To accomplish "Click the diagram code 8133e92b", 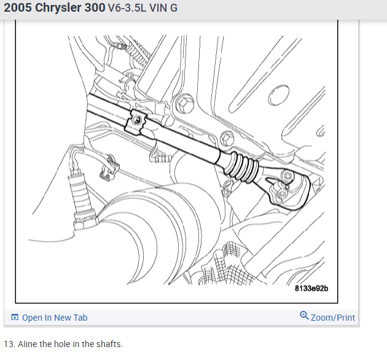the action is (x=311, y=288).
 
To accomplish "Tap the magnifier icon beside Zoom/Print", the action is (x=304, y=316).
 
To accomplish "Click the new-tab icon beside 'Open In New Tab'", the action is (x=15, y=317).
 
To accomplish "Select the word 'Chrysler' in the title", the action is (x=58, y=8).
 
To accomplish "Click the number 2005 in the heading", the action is (x=18, y=7).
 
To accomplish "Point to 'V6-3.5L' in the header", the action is (x=127, y=8).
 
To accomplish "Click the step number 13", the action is (x=9, y=344).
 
